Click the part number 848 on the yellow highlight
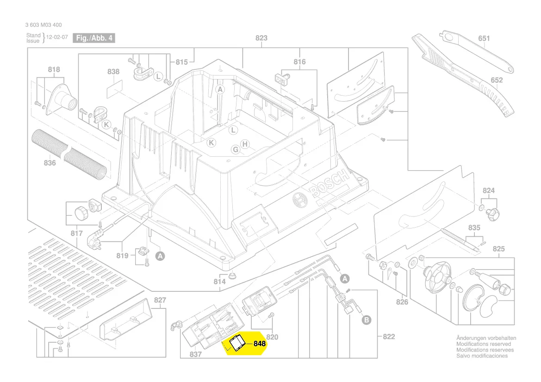[x=259, y=344]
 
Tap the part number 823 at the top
[x=261, y=38]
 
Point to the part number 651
[x=484, y=38]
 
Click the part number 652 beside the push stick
[x=497, y=80]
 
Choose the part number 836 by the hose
[x=50, y=163]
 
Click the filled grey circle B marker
[x=366, y=320]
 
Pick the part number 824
[x=489, y=191]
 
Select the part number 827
[x=160, y=300]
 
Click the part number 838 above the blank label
[x=113, y=72]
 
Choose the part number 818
[x=54, y=70]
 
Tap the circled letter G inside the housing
[x=235, y=149]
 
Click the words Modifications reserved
[x=483, y=344]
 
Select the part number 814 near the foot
[x=219, y=281]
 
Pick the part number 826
[x=402, y=302]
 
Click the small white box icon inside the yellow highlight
[x=237, y=343]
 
